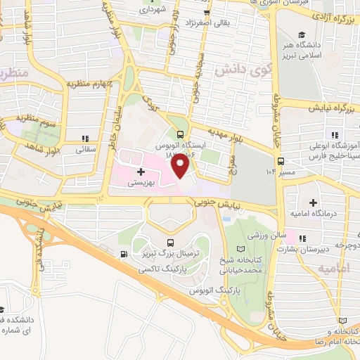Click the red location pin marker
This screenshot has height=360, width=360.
181,165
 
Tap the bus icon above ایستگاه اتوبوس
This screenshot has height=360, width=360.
181,135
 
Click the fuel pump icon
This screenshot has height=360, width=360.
124,255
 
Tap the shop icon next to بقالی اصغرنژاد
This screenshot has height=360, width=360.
206,13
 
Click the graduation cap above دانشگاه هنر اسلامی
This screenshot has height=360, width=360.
301,34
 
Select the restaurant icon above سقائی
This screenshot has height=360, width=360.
85,139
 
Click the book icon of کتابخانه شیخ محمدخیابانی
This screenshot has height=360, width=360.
241,250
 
